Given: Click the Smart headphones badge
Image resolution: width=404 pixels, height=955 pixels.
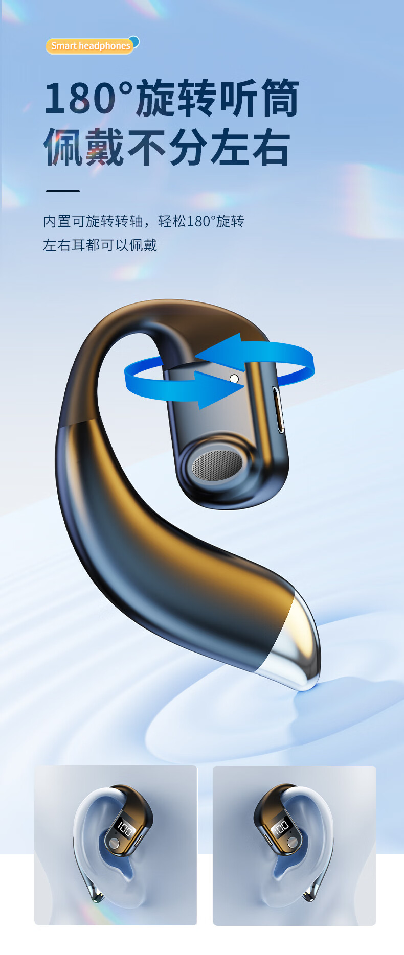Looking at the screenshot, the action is tap(89, 46).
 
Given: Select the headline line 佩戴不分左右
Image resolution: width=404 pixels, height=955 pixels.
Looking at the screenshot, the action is tap(167, 147).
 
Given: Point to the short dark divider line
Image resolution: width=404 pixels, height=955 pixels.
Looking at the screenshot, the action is tap(63, 191).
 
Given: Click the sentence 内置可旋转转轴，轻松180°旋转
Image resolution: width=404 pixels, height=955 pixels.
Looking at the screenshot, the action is tap(144, 221).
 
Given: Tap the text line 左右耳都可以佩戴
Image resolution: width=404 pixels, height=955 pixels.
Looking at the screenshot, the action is tap(100, 245).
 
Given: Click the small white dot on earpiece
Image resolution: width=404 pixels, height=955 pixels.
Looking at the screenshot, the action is tap(234, 379).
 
